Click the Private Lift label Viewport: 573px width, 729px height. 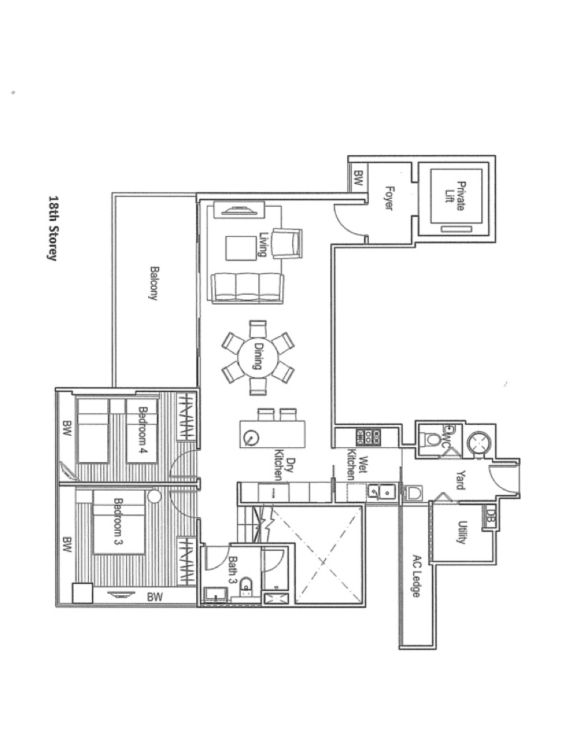coord(454,196)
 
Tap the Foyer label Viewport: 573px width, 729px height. coord(389,198)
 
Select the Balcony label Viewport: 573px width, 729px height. coord(154,283)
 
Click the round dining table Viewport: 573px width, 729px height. coord(258,358)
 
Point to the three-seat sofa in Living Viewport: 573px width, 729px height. coord(247,289)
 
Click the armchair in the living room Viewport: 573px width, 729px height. coord(286,243)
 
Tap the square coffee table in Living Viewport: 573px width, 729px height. coord(241,248)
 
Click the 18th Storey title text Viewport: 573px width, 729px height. coord(54,228)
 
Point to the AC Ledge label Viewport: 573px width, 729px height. coord(417,576)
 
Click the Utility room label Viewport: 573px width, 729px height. coord(462,532)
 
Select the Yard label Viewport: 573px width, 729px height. coord(460,480)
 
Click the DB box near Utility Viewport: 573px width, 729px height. coord(489,516)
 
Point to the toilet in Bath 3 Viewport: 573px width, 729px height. coord(246,587)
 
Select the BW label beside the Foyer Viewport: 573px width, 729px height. coord(358,178)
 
